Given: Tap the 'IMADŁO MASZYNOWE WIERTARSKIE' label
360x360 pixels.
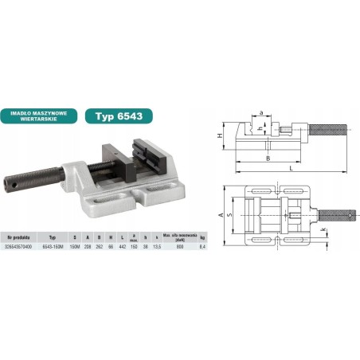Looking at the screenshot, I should point(42,114).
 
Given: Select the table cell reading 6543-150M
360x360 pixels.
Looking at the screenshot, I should point(53,246).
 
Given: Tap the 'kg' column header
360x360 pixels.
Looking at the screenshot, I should point(202,237).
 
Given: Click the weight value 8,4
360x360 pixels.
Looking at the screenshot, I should point(202,246).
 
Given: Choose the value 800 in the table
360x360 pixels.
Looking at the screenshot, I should point(182,246).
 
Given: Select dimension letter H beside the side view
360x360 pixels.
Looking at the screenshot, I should point(221,137).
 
